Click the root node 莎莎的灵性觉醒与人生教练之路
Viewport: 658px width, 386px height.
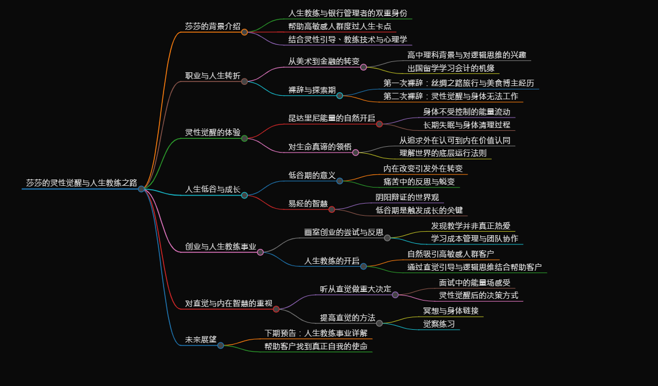point(81,183)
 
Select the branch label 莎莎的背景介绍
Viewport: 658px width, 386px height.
point(212,26)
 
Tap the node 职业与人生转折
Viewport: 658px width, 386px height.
point(212,76)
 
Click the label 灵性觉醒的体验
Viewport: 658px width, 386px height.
point(212,132)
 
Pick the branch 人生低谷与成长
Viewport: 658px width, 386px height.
point(212,189)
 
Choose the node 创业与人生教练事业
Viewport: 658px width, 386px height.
point(220,247)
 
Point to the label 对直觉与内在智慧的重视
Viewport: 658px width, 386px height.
point(228,303)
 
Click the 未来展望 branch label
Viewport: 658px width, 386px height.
point(200,340)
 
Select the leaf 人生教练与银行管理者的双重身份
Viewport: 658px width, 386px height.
point(348,13)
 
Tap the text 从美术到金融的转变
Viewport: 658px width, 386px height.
point(324,61)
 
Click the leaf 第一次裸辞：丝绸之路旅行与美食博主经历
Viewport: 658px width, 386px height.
point(458,83)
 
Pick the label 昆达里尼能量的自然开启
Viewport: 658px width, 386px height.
point(332,118)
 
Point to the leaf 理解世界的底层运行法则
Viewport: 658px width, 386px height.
point(443,153)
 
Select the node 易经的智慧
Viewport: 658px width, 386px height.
point(307,204)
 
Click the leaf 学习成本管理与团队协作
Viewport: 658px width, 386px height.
point(474,239)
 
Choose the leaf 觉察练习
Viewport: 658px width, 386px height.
point(439,324)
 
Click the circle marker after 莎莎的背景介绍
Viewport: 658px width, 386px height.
point(244,32)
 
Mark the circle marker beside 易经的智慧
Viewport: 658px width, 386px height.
point(332,209)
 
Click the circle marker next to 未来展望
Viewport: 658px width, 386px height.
point(220,345)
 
